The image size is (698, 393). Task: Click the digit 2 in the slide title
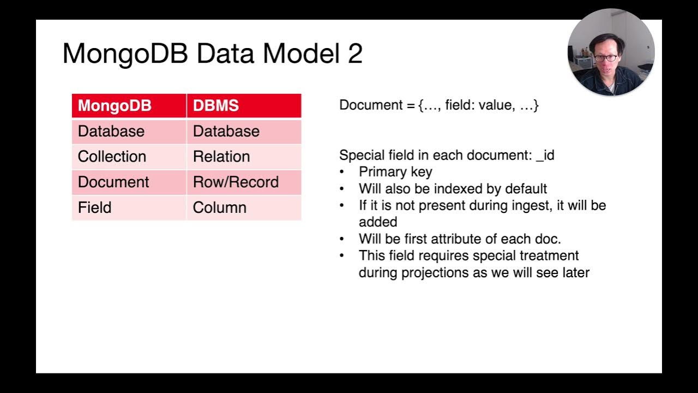[355, 54]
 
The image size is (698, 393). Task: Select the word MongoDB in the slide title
[125, 54]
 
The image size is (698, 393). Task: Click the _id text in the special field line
[545, 156]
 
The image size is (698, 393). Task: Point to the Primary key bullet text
[395, 172]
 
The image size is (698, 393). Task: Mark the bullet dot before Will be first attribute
[342, 239]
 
